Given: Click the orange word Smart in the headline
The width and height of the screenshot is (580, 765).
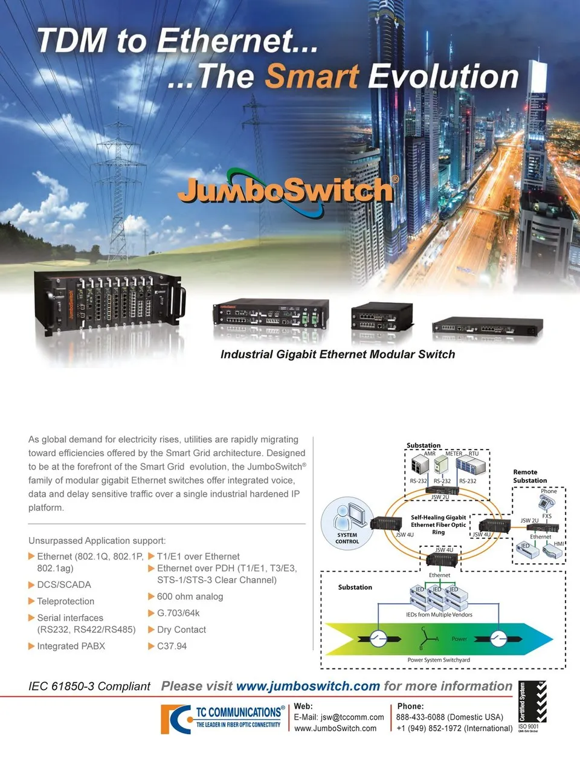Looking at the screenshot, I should tap(312, 77).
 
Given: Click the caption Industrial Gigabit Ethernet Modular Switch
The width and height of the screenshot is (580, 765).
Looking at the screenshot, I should tap(337, 355).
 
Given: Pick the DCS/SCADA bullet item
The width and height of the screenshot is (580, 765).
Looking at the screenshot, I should tap(64, 585).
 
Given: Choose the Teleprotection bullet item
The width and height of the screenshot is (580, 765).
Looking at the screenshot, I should tap(66, 601).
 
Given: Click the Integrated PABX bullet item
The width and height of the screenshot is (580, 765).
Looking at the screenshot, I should tap(71, 646).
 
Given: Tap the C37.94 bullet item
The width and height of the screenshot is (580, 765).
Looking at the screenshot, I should tap(172, 646).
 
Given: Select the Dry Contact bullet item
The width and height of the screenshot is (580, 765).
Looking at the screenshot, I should tap(181, 630).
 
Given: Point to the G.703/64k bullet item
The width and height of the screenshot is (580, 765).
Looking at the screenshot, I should tap(178, 613).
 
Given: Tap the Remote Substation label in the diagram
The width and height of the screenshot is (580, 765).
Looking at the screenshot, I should tap(530, 476).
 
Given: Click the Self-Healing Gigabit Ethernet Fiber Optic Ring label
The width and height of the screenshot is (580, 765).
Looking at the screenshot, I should tap(438, 525).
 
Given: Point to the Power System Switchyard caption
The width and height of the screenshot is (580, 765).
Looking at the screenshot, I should tap(439, 660).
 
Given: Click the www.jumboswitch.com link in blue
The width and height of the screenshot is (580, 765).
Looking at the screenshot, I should tap(308, 686).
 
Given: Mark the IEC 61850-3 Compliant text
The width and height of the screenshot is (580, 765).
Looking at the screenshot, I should tap(89, 686).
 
